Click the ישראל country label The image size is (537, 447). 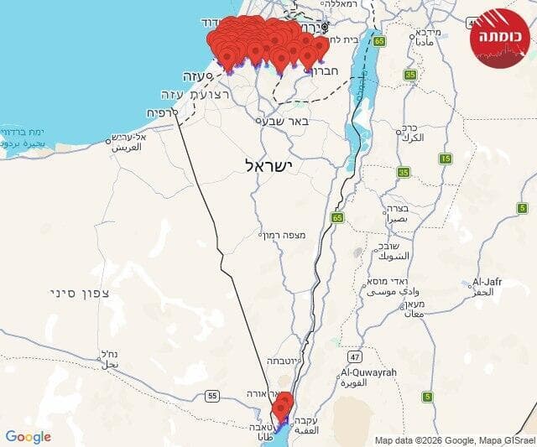268,166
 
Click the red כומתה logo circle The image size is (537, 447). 501,38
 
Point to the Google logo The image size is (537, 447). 28,437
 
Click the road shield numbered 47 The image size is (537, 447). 355,356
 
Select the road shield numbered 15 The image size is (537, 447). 446,158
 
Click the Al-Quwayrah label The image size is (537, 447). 368,372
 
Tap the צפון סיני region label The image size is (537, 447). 75,293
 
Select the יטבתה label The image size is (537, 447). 286,361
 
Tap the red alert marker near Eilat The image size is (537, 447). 283,406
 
